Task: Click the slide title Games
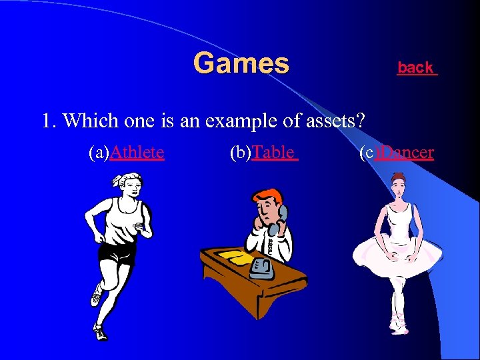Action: (x=241, y=64)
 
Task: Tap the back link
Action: (x=416, y=67)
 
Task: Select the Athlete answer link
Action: (x=137, y=153)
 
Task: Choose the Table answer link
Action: (x=273, y=153)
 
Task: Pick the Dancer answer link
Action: (x=405, y=153)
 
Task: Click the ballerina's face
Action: (x=399, y=186)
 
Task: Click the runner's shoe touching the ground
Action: (x=100, y=331)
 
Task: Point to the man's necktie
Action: (x=271, y=244)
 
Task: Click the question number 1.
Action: (x=47, y=121)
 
